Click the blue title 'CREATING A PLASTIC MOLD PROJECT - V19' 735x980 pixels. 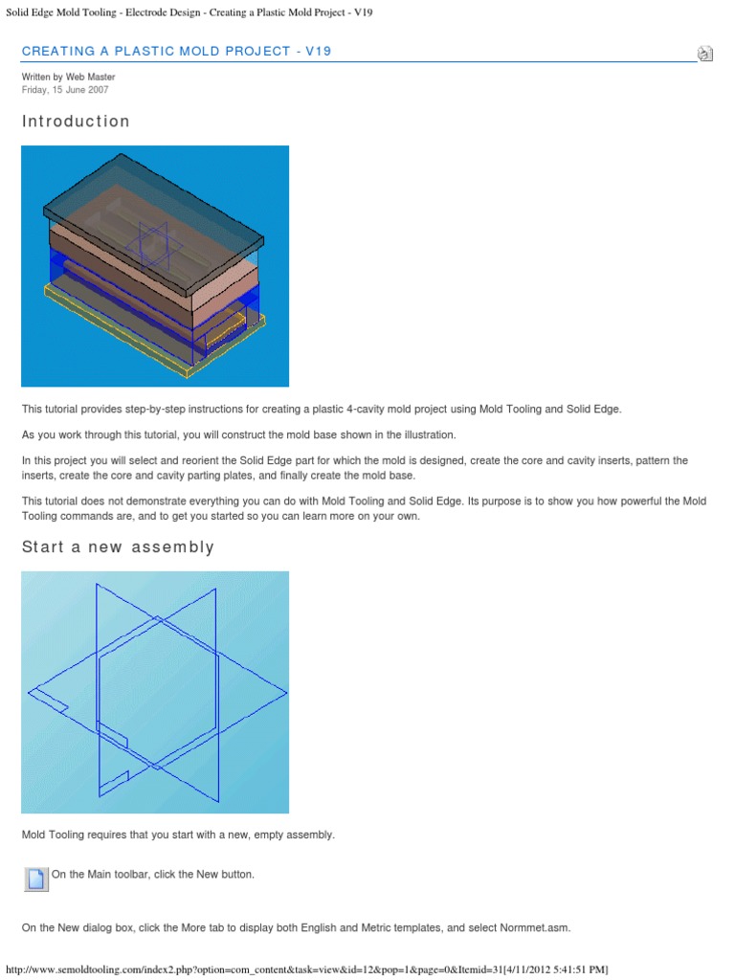coord(176,51)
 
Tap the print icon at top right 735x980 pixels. coord(704,54)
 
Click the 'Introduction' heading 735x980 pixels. coord(76,122)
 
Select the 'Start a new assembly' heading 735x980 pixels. coord(118,547)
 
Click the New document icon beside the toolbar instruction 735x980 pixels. coord(35,879)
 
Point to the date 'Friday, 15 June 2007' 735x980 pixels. coord(65,90)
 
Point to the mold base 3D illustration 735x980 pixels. coord(155,266)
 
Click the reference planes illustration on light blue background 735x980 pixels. coord(155,692)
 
